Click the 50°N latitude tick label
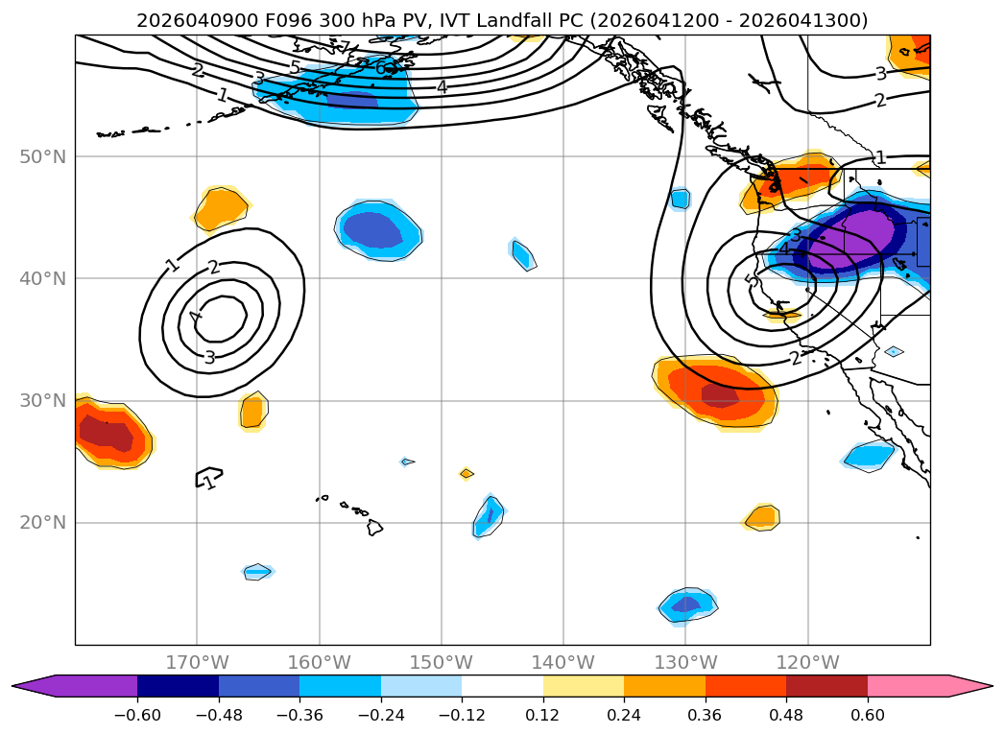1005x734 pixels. click(44, 156)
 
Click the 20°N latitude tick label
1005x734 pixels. click(44, 523)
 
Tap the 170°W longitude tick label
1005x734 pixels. click(197, 662)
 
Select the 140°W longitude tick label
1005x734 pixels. click(563, 662)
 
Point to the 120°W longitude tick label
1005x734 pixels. click(808, 662)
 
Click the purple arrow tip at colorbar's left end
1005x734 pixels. click(23, 686)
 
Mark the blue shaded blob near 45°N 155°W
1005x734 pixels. click(378, 230)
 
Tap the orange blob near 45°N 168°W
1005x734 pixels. click(221, 207)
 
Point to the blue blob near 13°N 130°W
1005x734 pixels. click(688, 604)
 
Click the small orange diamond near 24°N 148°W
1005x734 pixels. click(467, 473)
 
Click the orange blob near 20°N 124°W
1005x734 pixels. click(762, 517)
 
